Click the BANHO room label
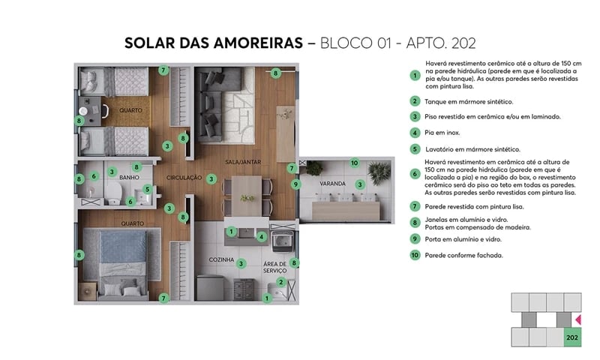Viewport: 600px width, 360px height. click(130, 178)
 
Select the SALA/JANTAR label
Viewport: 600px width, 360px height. click(243, 162)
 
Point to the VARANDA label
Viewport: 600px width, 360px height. click(332, 184)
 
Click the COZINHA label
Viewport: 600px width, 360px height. click(222, 259)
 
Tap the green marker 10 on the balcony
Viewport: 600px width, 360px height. click(355, 163)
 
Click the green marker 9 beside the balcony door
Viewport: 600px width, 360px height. click(296, 184)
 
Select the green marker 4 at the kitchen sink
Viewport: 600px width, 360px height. click(261, 236)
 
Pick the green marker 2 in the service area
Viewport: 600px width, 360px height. click(280, 282)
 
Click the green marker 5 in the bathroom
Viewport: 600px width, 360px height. click(148, 189)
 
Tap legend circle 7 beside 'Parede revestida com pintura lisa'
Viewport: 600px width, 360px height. click(414, 206)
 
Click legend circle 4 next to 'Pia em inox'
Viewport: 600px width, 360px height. click(414, 133)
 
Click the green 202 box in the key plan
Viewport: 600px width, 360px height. click(572, 337)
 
